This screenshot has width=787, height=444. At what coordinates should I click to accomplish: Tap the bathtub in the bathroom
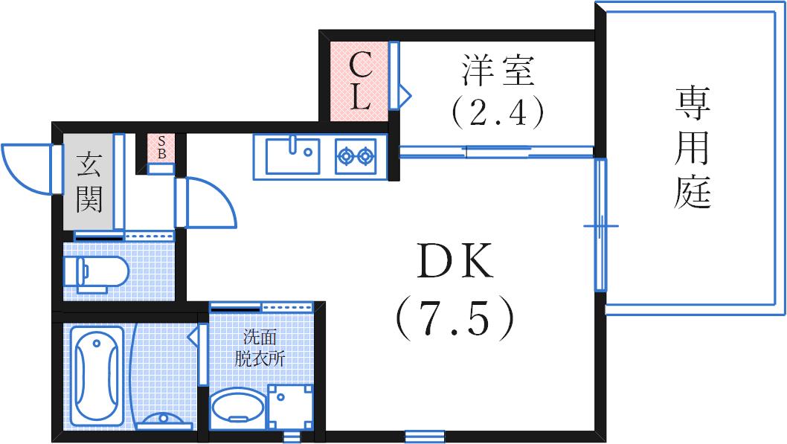click(97, 376)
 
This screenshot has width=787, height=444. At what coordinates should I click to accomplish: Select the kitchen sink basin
click(292, 155)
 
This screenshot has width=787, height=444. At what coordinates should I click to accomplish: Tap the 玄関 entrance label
click(89, 181)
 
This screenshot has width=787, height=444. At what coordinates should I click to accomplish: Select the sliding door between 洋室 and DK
click(496, 152)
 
